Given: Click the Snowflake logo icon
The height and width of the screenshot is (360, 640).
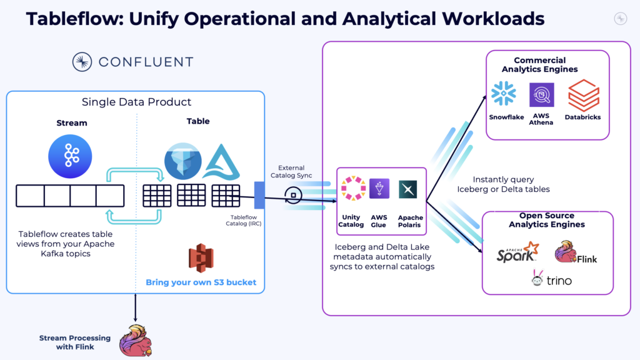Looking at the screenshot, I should point(503,93).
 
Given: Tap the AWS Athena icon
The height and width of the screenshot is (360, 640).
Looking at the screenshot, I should point(541,95).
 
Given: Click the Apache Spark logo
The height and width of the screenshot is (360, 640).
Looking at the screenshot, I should point(517,252).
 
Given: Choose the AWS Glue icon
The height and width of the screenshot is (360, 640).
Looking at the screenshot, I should point(379,189).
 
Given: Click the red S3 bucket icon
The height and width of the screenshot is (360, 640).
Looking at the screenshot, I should point(201,259).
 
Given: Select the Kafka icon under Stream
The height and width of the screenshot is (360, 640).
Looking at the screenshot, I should point(69,155).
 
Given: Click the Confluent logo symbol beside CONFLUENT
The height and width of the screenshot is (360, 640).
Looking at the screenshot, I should point(82,62).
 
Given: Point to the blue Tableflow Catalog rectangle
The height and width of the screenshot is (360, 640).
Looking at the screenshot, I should point(260,195).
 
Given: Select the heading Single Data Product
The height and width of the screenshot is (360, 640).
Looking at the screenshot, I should point(136,102).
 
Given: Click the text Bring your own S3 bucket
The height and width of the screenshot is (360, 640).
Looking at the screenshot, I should point(201,282).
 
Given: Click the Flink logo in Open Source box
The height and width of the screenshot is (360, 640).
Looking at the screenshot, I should point(575,252).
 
